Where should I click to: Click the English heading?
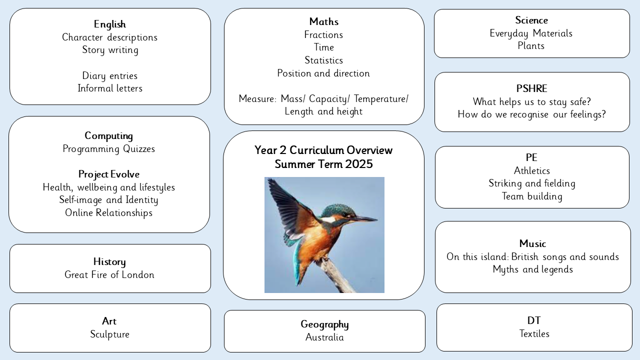coord(109,24)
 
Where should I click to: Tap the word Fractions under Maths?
coord(323,35)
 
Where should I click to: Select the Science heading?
coord(531,20)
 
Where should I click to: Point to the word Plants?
coord(531,45)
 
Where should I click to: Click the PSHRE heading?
coord(531,88)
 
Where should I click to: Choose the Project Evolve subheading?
coord(109,174)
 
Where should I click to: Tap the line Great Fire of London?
coord(109,275)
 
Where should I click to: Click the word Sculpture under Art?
coord(109,334)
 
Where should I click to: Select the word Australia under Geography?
coord(324,337)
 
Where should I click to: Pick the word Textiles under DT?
coord(534,333)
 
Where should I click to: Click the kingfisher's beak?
coord(364,219)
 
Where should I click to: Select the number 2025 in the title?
coord(359,164)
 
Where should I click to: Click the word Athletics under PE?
coord(531,171)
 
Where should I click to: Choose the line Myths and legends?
coord(533,269)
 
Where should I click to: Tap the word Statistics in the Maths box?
coord(323,60)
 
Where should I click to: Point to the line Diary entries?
coord(109,76)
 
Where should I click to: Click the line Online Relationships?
coord(108,213)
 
